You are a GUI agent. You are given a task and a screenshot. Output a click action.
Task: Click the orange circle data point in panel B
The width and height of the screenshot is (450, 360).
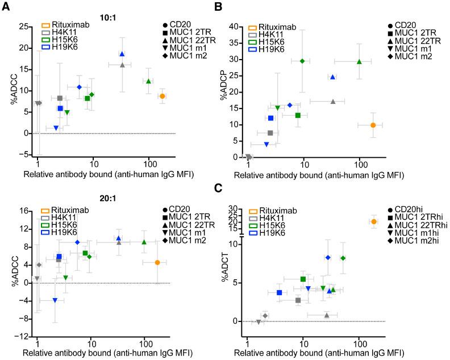373,125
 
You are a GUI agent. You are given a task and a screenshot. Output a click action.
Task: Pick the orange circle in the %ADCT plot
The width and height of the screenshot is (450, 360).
374,221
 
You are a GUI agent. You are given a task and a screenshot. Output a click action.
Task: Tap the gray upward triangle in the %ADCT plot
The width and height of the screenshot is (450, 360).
326,315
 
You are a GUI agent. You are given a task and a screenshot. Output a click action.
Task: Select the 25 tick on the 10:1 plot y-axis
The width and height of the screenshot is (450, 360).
25,26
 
